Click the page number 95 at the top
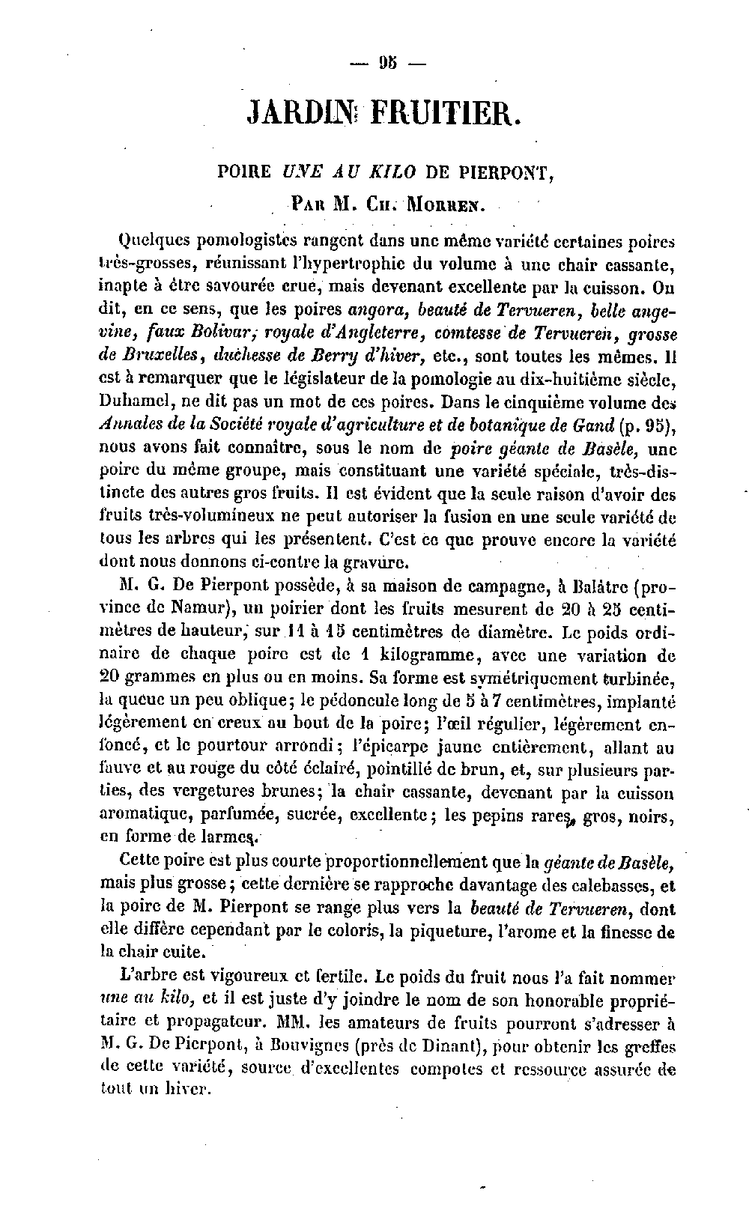click(x=389, y=63)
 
